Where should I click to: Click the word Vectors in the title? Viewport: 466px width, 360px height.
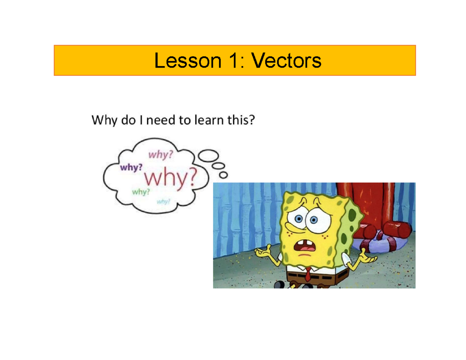(286, 61)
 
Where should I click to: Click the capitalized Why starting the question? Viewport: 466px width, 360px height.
(102, 121)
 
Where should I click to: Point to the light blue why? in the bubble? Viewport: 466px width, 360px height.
(163, 201)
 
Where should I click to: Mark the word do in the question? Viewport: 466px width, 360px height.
(126, 121)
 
